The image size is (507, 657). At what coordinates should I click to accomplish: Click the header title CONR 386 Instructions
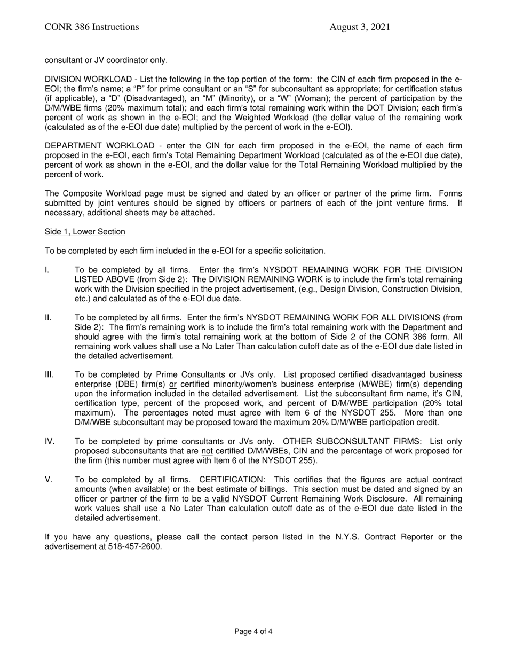92,27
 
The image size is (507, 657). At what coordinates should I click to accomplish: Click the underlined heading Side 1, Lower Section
85,232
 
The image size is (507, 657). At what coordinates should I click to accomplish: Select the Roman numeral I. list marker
47,270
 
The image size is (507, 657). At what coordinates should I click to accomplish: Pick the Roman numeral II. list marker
48,318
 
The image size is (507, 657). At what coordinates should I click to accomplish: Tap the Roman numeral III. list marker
49,375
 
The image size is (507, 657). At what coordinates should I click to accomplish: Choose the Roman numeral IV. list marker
49,441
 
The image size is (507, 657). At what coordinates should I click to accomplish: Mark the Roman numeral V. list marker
48,480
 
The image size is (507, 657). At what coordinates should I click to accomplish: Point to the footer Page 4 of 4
253,631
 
